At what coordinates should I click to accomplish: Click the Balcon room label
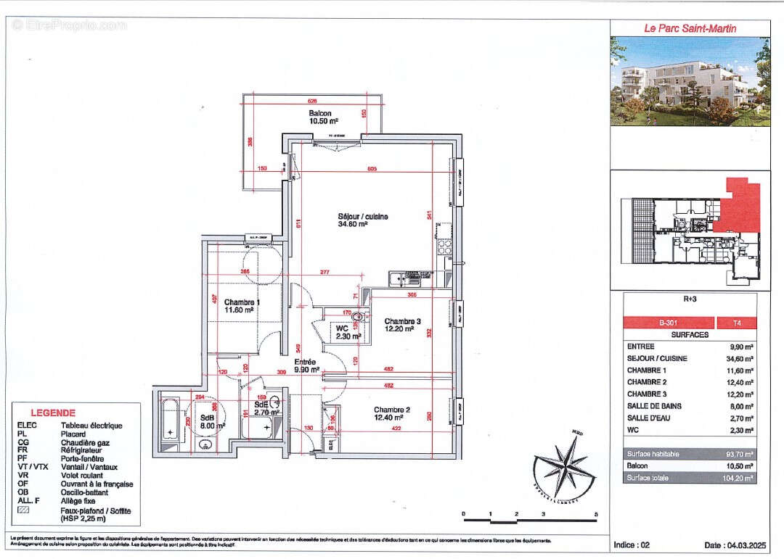[320, 114]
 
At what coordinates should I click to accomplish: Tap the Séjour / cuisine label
[363, 217]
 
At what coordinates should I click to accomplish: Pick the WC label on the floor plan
[342, 328]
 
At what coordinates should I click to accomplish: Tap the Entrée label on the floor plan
[304, 362]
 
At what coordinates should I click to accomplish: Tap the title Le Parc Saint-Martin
[690, 28]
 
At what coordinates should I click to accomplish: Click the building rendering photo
[690, 81]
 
